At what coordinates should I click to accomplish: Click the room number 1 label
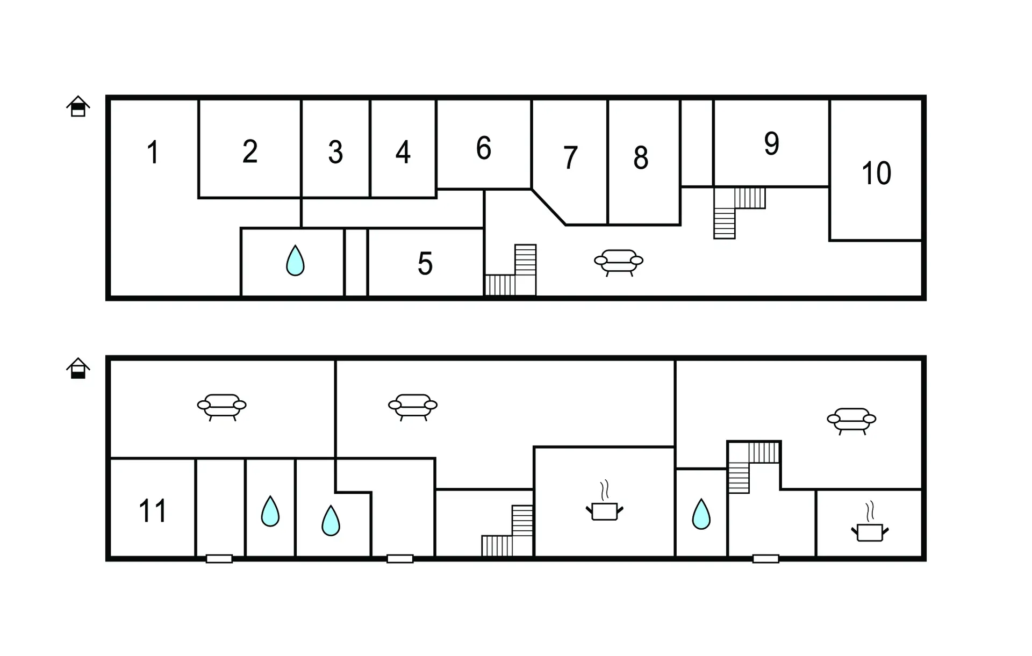coord(153,152)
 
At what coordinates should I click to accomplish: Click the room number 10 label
coord(877,173)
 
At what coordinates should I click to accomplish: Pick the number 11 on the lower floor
coord(153,510)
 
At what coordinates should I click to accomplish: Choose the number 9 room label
coord(772,143)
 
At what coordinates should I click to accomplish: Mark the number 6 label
coord(484,148)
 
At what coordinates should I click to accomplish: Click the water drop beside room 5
coord(295,261)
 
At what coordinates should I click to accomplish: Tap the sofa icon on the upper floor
coord(619,262)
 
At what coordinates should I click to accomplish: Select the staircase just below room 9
coord(739,212)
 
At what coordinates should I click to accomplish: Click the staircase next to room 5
coord(511,270)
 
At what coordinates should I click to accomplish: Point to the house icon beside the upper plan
coord(78,106)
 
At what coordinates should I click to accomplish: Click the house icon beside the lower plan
coord(78,369)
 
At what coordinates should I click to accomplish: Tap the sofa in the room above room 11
coord(221,407)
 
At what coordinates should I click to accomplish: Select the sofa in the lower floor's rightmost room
coord(851,421)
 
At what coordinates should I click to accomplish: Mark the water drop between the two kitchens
coord(701,514)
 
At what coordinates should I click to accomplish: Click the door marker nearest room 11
coord(219,559)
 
